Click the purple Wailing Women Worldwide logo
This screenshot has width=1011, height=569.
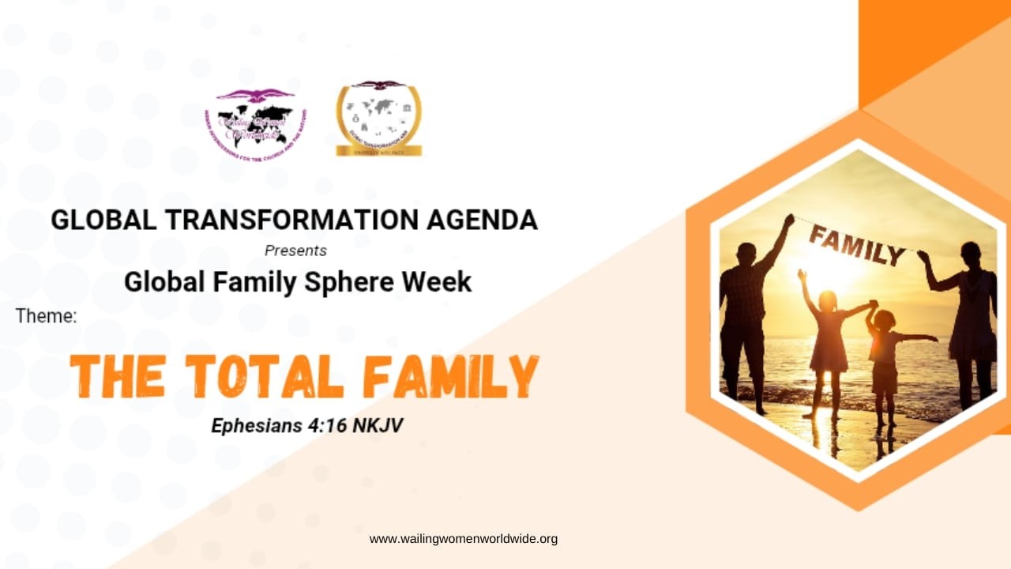(254, 122)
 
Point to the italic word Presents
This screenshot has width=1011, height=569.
(295, 251)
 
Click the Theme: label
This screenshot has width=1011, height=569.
(46, 317)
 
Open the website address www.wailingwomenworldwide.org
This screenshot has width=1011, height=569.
(464, 539)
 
